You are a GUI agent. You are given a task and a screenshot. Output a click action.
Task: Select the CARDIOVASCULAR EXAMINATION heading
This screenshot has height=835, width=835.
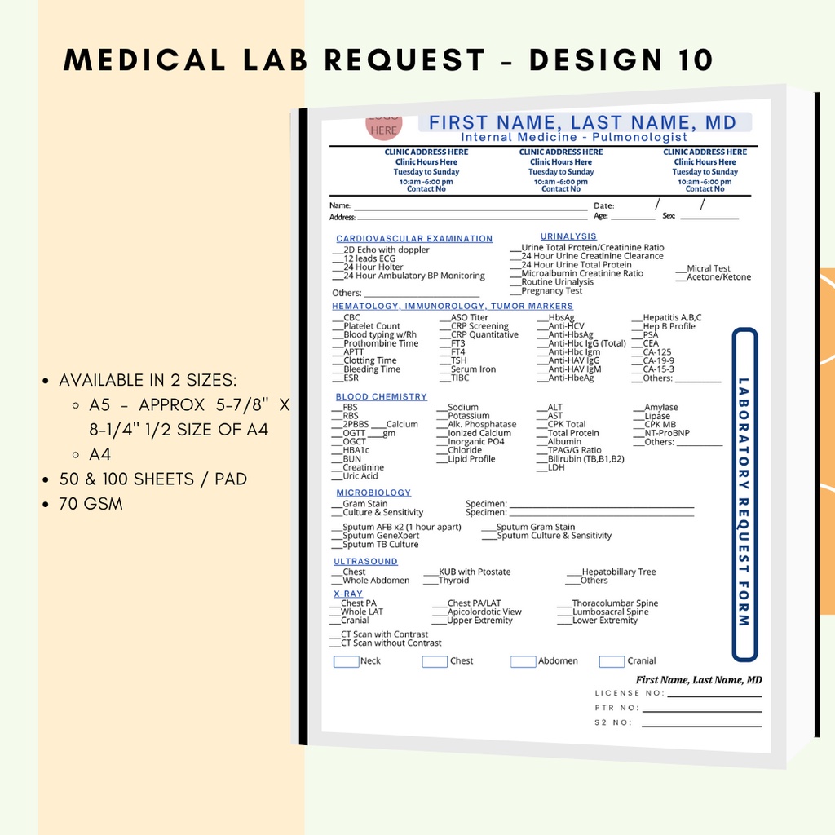[414, 239]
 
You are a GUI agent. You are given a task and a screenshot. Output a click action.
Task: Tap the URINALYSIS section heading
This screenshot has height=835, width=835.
[568, 236]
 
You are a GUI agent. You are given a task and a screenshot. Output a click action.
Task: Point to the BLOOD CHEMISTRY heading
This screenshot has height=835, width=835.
[381, 397]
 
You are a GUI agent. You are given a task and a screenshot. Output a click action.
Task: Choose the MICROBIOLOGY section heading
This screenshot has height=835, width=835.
[373, 493]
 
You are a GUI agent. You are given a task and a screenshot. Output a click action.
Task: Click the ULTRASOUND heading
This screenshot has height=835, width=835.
[365, 562]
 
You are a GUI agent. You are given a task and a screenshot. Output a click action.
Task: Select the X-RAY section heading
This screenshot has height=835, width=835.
[348, 594]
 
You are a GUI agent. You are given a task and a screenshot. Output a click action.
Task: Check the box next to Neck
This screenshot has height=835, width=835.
[346, 661]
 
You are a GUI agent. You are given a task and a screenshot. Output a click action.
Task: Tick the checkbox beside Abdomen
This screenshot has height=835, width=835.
[523, 661]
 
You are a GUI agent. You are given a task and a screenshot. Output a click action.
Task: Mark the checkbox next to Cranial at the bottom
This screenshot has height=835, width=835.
[612, 661]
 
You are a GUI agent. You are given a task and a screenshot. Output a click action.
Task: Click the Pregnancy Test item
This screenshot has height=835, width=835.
[551, 291]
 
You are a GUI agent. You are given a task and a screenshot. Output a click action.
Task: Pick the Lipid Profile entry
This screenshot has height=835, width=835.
[471, 459]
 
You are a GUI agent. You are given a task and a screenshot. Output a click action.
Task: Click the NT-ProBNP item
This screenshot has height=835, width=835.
[666, 433]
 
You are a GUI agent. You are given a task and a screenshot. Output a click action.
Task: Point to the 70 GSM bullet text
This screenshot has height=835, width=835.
[91, 504]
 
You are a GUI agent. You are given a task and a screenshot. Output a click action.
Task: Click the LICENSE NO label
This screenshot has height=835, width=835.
[630, 693]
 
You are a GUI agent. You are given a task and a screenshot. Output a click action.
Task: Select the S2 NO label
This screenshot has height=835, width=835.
[613, 722]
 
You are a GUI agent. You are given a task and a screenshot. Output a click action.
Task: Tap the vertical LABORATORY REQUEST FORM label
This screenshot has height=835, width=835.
[744, 501]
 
